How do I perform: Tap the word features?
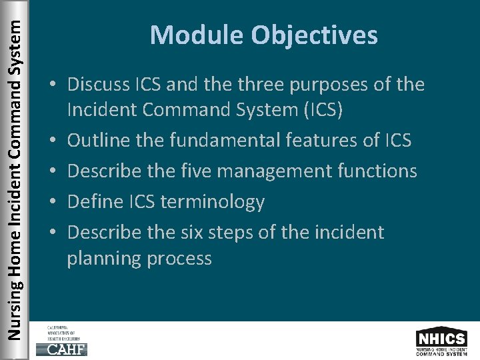click(336, 140)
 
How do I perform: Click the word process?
click(179, 259)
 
